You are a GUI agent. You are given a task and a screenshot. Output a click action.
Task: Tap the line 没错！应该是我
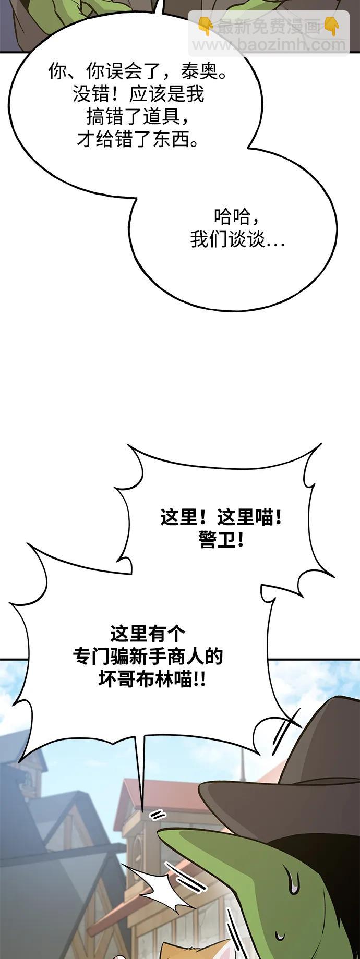click(x=138, y=94)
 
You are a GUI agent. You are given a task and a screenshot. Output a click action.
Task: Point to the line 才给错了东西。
click(x=138, y=139)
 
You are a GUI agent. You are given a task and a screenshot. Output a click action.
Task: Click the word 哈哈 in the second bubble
click(x=232, y=216)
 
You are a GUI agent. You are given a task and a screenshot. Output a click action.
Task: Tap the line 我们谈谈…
click(x=237, y=240)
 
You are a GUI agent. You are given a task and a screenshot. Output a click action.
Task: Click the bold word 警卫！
click(x=221, y=541)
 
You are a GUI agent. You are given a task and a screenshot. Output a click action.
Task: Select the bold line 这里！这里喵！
click(x=221, y=518)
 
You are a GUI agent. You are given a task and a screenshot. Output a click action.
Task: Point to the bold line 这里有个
click(x=148, y=634)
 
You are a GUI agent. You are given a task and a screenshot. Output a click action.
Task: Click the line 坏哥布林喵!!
click(x=151, y=679)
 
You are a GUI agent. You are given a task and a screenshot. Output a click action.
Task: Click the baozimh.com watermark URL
click(x=269, y=45)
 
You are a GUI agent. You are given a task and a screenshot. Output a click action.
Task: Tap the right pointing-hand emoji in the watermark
click(x=331, y=25)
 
